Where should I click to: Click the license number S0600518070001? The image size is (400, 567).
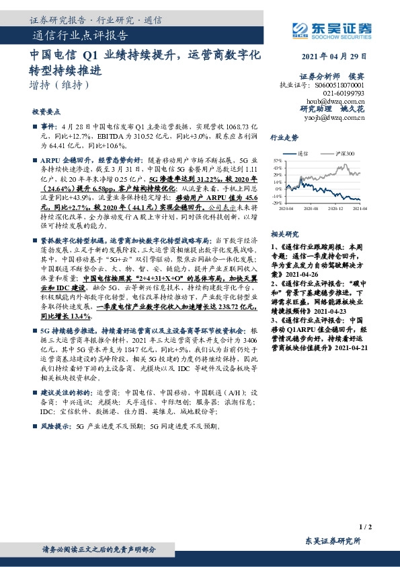(x=339, y=85)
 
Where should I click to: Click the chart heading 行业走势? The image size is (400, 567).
(x=284, y=137)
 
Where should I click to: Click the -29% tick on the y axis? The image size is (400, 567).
(x=276, y=203)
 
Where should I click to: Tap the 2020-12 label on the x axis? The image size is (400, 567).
(x=336, y=209)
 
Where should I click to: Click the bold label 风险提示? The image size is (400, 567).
(x=56, y=427)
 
